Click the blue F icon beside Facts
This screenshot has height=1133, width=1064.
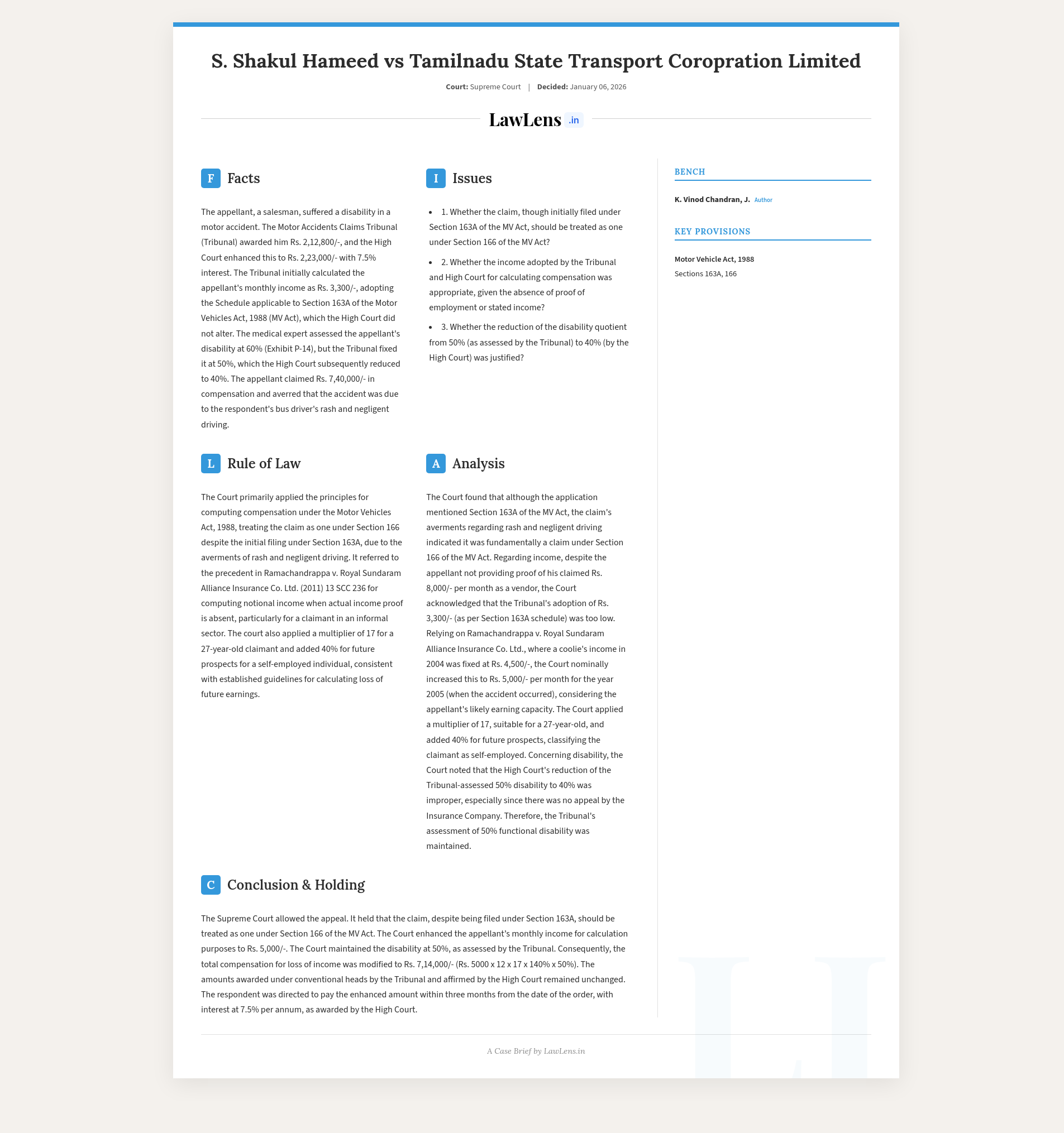coord(211,179)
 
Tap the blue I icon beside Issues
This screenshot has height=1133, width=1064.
coord(436,179)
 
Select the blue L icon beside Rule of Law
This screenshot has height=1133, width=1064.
coord(211,463)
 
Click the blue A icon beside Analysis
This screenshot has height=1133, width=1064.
coord(436,463)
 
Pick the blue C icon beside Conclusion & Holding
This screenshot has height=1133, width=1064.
coord(211,885)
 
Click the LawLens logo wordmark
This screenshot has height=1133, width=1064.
coord(524,119)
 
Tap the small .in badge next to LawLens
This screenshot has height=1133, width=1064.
coord(574,120)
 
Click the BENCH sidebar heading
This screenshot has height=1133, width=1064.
coord(689,171)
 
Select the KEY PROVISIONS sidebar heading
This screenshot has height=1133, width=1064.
coord(712,232)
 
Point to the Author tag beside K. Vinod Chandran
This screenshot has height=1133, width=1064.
coord(763,200)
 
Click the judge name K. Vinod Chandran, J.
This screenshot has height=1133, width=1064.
coord(712,199)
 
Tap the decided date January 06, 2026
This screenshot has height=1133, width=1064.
coord(598,87)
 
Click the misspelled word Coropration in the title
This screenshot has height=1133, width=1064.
coord(725,61)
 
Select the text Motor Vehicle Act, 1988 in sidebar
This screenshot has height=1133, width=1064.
coord(714,260)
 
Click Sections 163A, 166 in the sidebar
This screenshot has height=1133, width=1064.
coord(705,274)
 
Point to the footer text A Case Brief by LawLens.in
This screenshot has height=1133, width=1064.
coord(536,1051)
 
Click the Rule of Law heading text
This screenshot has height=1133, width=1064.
coord(264,463)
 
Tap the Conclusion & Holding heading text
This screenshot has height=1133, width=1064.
coord(295,885)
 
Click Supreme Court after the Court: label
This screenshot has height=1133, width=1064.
coord(495,87)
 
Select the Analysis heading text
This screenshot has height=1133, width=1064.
coord(478,463)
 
